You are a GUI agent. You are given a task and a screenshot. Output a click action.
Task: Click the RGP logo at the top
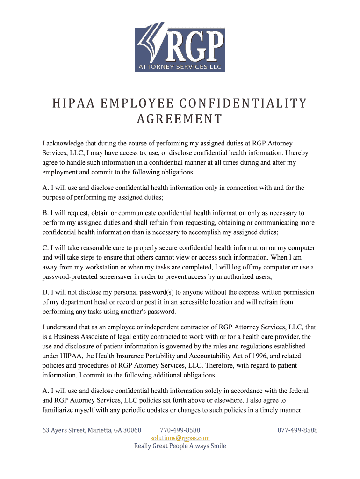[x=180, y=46]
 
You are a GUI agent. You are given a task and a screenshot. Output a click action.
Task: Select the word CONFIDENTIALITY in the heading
[x=247, y=103]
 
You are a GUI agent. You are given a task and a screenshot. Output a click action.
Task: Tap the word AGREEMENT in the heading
[x=180, y=119]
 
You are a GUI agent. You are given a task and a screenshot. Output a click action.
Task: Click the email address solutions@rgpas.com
[x=180, y=438]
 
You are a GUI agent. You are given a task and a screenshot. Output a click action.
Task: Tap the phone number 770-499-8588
[x=180, y=430]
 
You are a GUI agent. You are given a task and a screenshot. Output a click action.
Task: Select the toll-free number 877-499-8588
[x=297, y=430]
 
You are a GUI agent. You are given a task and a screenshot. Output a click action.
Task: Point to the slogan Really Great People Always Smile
[x=180, y=446]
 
